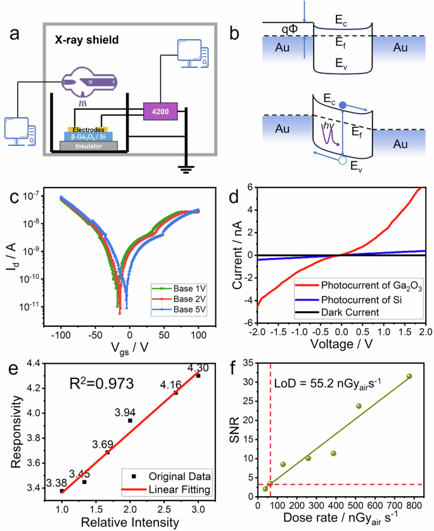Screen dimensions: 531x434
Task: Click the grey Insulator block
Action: tap(88, 145)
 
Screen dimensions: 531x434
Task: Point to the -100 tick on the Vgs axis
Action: tap(61, 333)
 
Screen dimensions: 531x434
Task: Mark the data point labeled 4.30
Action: tap(198, 376)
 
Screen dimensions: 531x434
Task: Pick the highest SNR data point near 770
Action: tap(409, 376)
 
